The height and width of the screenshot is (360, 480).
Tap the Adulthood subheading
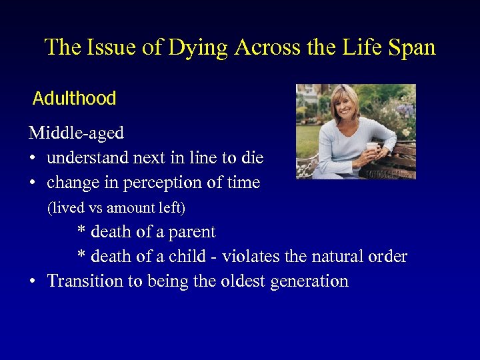[74, 99]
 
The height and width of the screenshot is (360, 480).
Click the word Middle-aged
[76, 133]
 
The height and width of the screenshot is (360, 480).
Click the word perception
[164, 183]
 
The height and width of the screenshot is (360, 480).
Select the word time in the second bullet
[242, 183]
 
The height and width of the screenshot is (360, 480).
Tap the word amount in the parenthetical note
[127, 208]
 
